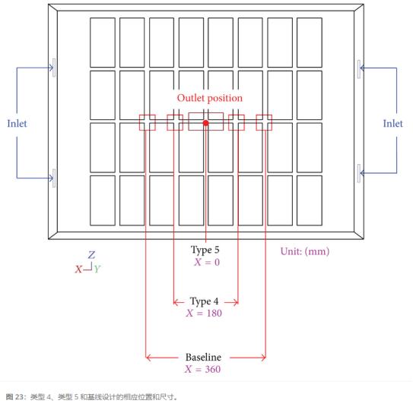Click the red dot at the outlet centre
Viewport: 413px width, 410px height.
tap(205, 123)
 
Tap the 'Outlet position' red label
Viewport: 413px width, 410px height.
tap(210, 98)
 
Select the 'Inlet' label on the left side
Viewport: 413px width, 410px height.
tap(17, 123)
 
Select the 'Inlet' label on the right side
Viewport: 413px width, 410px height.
tap(392, 123)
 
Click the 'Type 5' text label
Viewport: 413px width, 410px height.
tap(205, 250)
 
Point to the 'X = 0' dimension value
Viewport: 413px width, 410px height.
tap(207, 262)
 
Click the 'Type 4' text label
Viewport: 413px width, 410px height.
tap(204, 301)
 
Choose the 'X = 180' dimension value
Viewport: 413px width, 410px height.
tap(204, 313)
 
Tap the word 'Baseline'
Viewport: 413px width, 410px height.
tap(203, 357)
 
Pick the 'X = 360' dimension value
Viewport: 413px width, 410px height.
tap(202, 369)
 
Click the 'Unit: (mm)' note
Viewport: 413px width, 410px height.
tap(305, 251)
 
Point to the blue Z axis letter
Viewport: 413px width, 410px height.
tap(91, 255)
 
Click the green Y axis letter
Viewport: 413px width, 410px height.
tap(97, 269)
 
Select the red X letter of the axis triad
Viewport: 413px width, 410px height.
tap(78, 270)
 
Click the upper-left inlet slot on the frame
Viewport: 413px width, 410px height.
tap(54, 68)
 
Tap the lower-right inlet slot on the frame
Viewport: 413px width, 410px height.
tap(359, 173)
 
